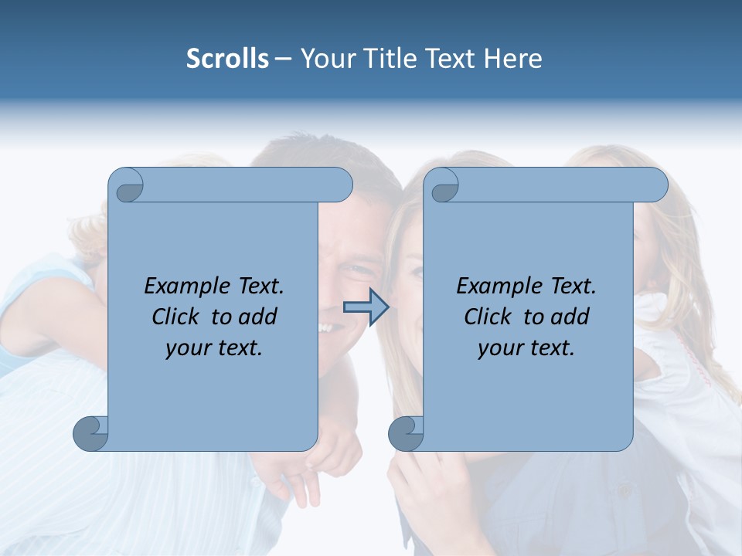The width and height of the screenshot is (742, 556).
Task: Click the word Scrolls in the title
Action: click(x=227, y=59)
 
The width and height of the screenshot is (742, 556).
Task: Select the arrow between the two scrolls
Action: click(x=366, y=307)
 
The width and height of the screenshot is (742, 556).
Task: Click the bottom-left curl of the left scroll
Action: click(x=90, y=433)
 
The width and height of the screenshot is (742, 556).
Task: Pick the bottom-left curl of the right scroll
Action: click(x=405, y=433)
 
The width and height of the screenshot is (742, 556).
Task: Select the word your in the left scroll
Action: click(x=186, y=348)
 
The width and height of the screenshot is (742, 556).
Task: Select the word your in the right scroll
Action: click(x=499, y=348)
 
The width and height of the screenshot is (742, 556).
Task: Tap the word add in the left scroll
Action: click(x=257, y=317)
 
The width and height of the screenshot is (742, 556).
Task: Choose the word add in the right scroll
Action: click(x=570, y=317)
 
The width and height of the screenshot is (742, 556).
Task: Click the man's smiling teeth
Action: click(x=331, y=327)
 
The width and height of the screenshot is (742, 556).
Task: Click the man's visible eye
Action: click(x=357, y=271)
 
